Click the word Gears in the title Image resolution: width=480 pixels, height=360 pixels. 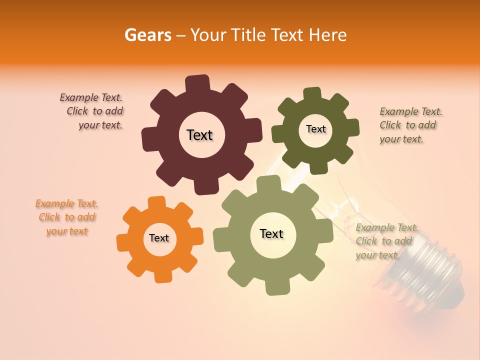tap(147, 35)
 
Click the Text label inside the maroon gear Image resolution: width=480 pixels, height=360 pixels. tap(200, 135)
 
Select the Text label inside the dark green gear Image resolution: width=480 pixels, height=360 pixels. tap(315, 129)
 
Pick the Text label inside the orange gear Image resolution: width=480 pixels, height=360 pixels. tap(159, 238)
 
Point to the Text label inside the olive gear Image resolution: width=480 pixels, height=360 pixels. tap(271, 234)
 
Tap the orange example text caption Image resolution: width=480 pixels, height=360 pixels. tap(66, 217)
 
